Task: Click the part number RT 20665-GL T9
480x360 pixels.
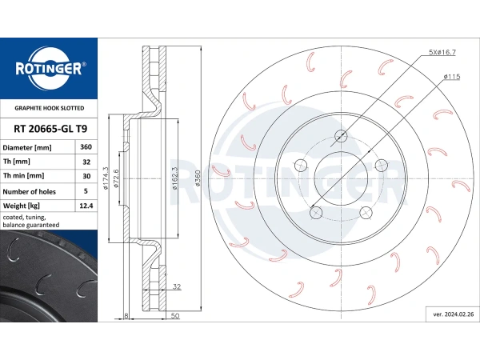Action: [50, 129]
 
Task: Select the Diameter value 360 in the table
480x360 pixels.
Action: [86, 147]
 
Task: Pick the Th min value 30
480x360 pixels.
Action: [86, 176]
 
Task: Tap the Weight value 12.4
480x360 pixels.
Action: [86, 206]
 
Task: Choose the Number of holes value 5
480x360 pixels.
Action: [86, 191]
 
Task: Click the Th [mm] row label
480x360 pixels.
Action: [17, 162]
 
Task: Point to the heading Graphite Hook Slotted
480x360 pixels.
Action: [50, 108]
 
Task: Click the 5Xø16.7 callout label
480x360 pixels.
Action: [442, 52]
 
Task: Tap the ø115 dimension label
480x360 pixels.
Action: [452, 77]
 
